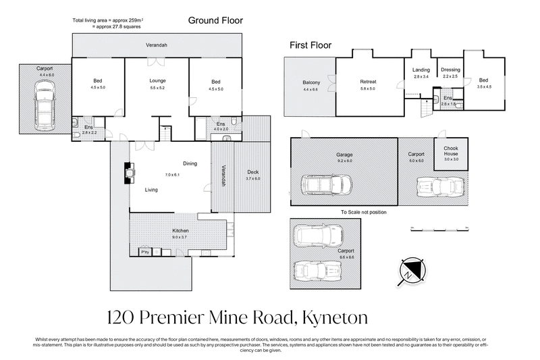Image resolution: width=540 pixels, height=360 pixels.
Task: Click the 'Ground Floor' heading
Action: (x=215, y=21)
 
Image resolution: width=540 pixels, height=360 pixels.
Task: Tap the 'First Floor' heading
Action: (x=310, y=45)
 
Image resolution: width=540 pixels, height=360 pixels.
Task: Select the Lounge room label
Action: (x=157, y=81)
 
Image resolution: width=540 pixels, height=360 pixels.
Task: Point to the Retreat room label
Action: (x=368, y=82)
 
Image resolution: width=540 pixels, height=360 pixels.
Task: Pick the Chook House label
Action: (x=450, y=150)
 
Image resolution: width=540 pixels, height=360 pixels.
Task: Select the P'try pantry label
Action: (x=144, y=252)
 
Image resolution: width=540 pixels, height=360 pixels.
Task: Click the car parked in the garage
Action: (x=327, y=184)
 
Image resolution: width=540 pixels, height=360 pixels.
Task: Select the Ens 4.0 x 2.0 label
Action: (x=221, y=126)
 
